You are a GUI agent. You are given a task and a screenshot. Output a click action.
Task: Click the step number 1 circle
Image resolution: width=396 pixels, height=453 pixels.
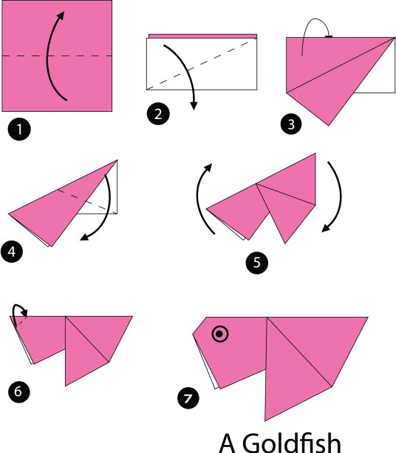point(19,129)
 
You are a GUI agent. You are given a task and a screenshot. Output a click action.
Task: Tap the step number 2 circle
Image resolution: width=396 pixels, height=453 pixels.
point(158,114)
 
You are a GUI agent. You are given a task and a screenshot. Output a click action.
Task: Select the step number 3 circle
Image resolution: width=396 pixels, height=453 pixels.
point(291,124)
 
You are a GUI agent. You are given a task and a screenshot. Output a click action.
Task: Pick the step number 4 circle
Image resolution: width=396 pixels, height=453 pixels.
point(12,252)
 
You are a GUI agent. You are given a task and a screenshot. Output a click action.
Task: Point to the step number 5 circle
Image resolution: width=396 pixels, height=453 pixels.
point(256,263)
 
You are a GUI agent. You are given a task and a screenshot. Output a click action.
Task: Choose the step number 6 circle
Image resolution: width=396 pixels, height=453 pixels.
point(18,392)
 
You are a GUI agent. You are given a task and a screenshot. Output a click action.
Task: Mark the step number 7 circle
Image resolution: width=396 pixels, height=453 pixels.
point(188,398)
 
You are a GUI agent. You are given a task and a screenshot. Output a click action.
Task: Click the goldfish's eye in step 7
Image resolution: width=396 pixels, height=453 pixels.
point(219,335)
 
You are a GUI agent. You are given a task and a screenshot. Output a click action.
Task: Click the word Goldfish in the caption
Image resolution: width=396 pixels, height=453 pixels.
point(292,443)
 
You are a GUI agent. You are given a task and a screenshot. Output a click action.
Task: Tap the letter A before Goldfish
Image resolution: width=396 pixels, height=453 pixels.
point(228,443)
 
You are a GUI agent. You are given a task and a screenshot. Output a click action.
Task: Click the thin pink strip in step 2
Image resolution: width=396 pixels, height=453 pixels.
point(202,36)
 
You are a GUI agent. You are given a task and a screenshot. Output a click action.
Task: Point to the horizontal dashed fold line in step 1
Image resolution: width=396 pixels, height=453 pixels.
point(57,56)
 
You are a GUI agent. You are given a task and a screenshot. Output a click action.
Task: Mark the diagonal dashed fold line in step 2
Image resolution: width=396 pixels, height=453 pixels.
point(198,64)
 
